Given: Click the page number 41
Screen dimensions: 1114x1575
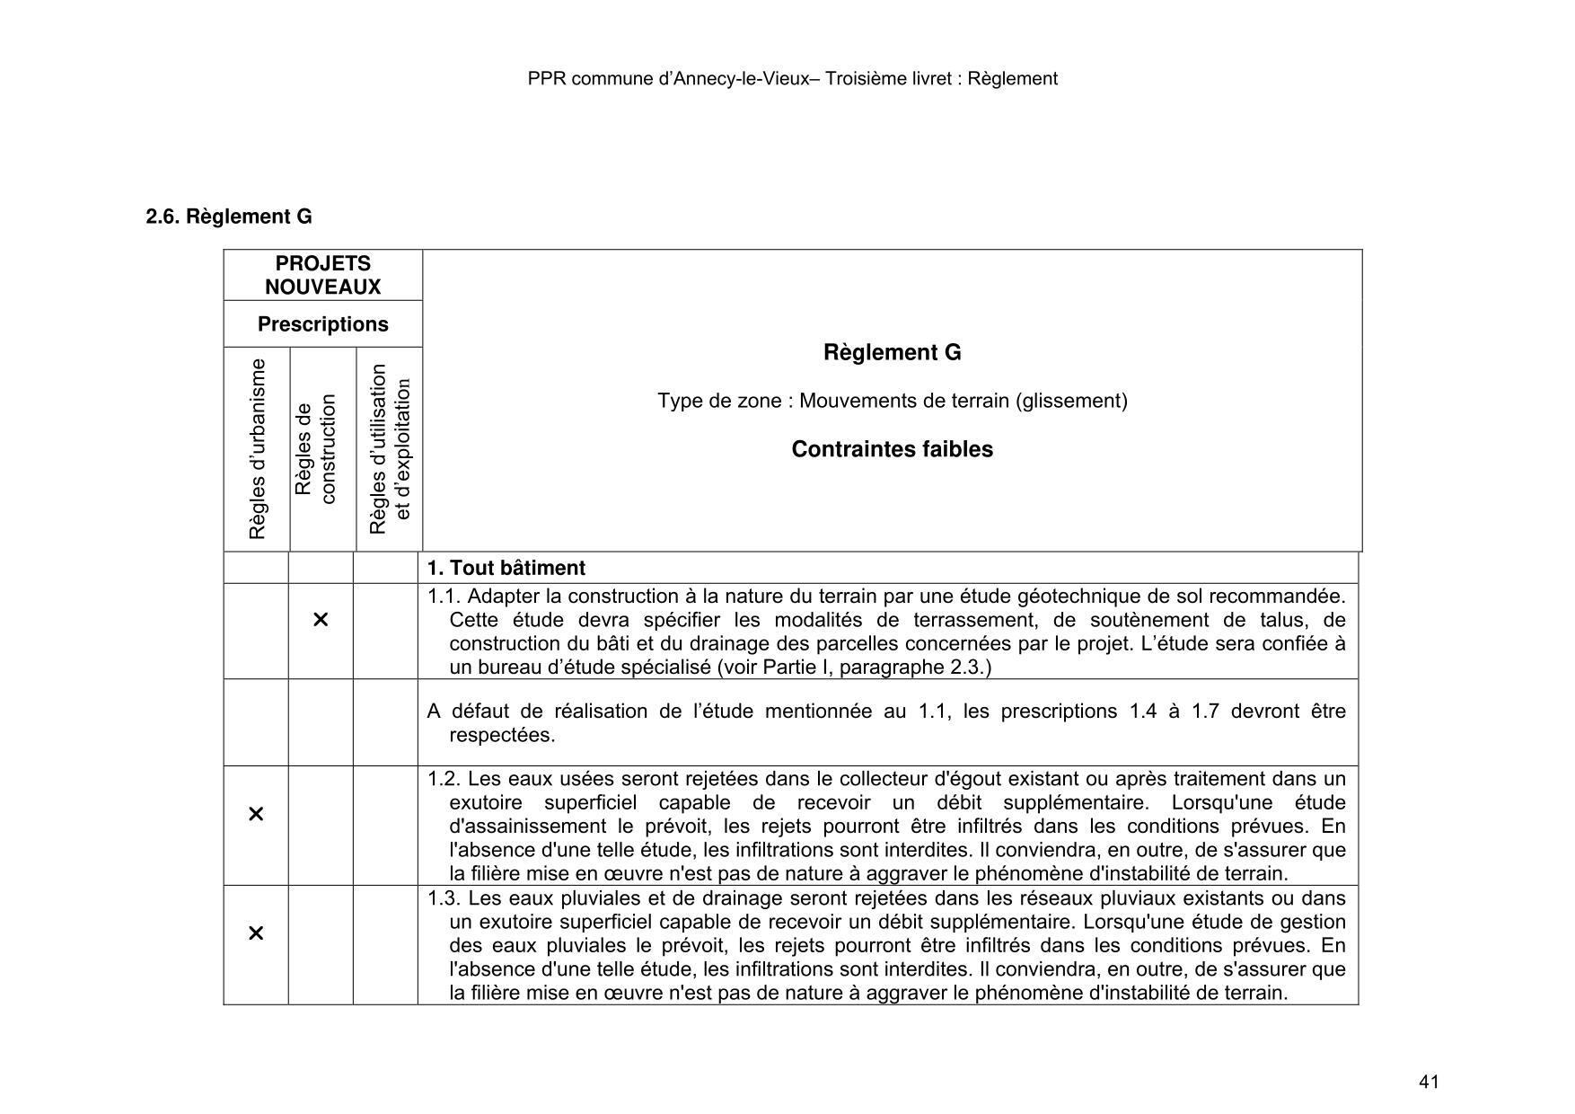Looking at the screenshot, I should (x=1429, y=1082).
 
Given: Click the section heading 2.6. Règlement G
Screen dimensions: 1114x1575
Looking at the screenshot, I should (x=229, y=217).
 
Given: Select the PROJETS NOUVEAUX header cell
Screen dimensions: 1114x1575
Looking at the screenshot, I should (x=322, y=275).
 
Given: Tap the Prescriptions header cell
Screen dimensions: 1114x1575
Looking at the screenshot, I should (x=322, y=324).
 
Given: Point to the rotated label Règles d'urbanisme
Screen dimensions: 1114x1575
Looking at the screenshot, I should (x=258, y=449).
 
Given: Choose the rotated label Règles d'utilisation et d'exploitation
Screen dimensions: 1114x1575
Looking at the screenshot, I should (x=390, y=449).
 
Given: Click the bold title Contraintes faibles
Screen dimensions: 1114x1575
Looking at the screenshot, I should (x=892, y=449).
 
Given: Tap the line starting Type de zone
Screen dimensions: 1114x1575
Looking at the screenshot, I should (x=892, y=401).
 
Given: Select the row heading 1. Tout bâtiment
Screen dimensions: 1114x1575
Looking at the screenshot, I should (x=506, y=568).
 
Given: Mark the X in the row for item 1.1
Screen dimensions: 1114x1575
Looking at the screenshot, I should (x=321, y=620).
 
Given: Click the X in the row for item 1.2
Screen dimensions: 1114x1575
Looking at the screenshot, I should (x=256, y=814).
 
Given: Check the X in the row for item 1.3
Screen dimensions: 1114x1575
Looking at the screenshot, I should (x=256, y=933).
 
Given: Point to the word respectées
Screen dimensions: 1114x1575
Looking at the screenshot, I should (x=502, y=735).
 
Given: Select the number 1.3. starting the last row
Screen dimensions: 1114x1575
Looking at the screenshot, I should (x=444, y=898).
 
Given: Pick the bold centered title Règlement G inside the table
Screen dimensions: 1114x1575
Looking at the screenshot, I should (x=892, y=353).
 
